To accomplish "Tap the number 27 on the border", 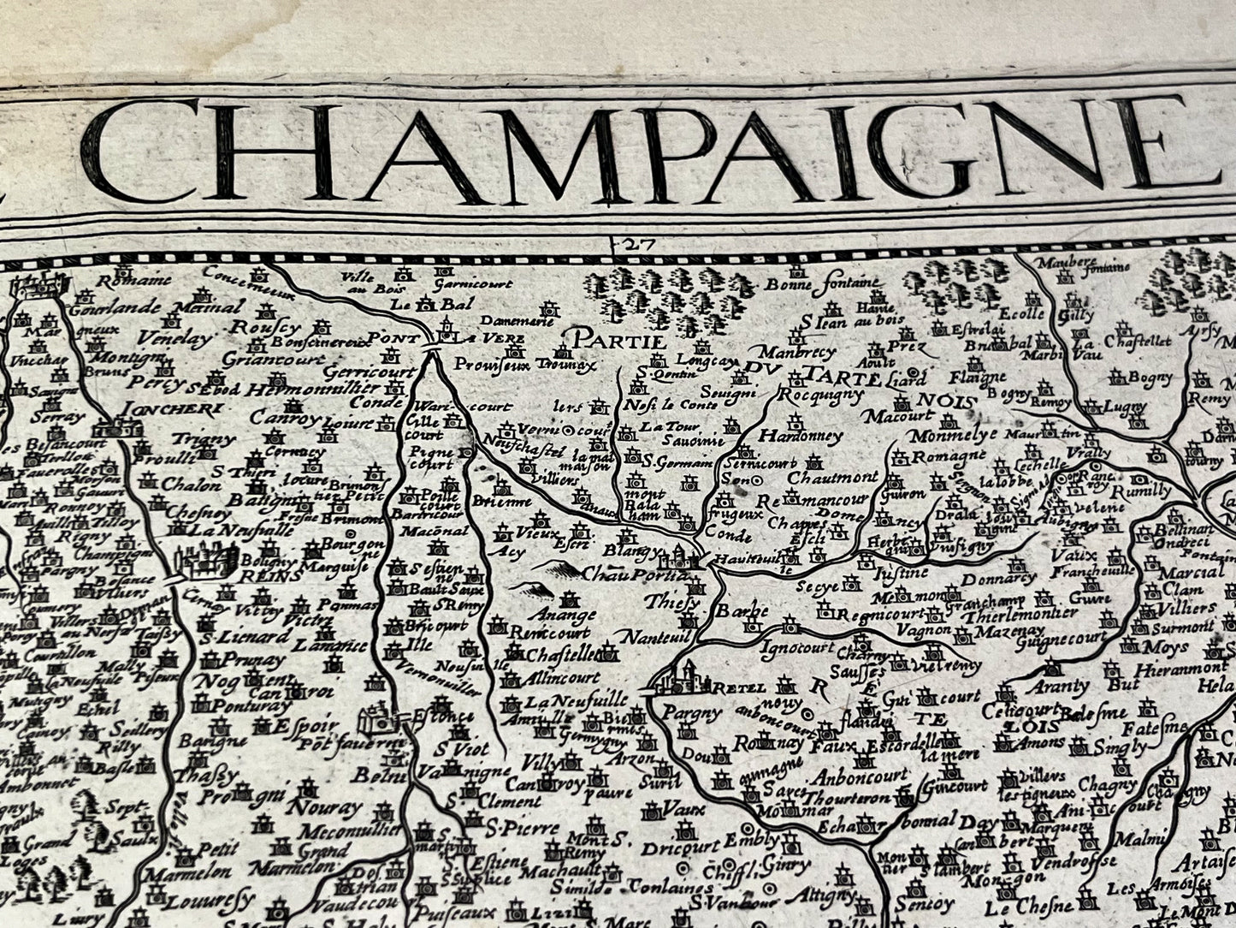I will pos(638,245).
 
